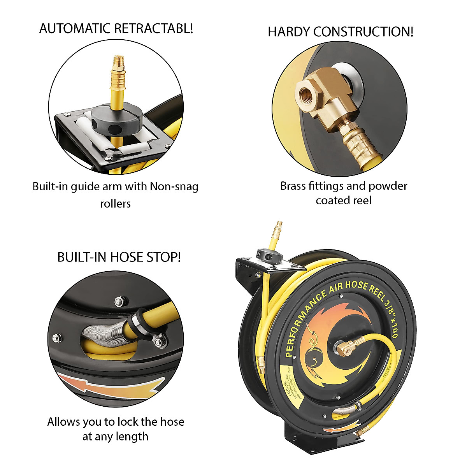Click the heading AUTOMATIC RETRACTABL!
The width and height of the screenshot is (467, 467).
tap(116, 29)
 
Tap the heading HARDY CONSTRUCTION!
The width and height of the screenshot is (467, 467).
tap(341, 32)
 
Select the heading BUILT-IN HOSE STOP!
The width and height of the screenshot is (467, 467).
tap(119, 257)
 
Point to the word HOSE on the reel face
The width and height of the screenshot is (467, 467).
tap(356, 285)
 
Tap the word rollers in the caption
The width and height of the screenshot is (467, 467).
tap(115, 204)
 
